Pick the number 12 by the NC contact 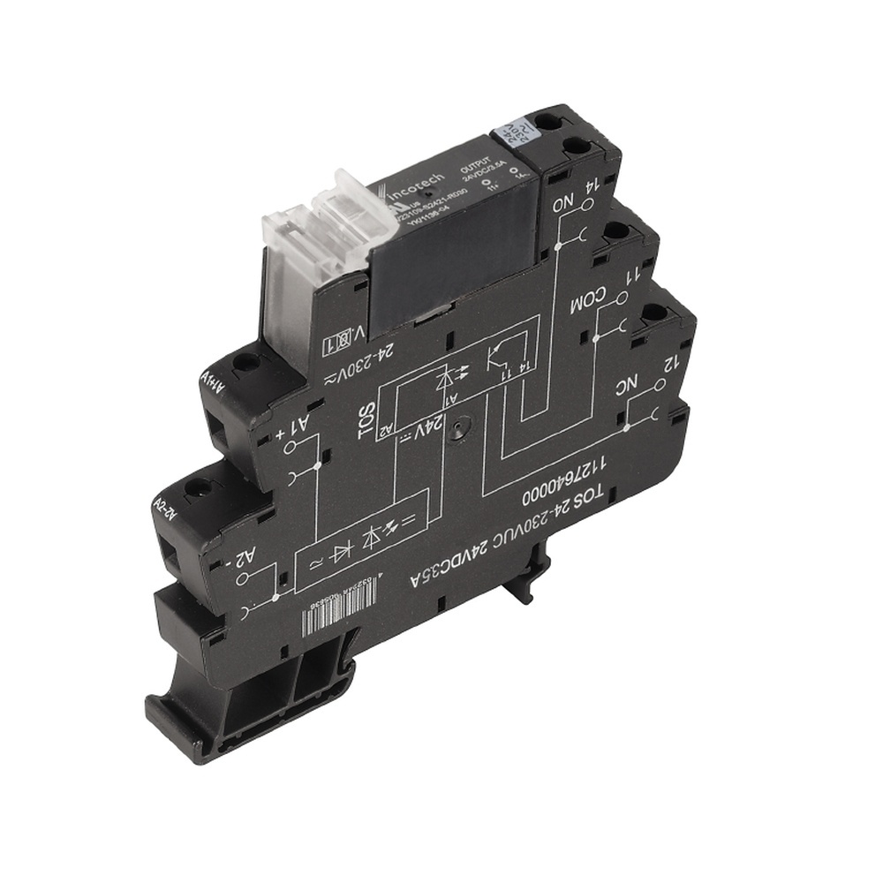pyautogui.click(x=670, y=363)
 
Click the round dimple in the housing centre pyautogui.click(x=457, y=432)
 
